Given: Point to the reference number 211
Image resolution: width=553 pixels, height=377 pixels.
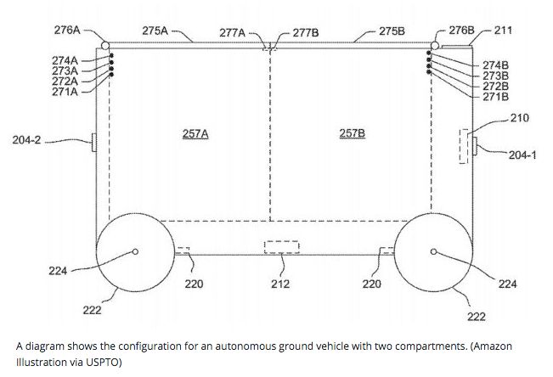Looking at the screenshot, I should [x=503, y=30].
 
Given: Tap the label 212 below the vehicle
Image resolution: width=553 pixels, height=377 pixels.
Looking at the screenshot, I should [x=280, y=284].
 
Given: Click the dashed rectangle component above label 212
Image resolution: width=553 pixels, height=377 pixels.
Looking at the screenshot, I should [x=281, y=247].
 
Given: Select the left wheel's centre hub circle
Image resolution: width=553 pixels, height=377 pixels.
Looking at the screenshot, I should [x=135, y=250].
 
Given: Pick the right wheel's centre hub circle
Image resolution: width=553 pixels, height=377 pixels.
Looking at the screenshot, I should [x=433, y=251].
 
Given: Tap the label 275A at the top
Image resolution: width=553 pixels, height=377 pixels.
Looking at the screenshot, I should [x=155, y=30].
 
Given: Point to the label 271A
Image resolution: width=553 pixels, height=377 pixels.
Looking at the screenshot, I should [x=65, y=92].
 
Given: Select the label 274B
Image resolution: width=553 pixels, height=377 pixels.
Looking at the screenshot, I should [x=494, y=65].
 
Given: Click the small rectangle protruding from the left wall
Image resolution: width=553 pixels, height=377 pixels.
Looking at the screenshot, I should [x=93, y=140].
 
